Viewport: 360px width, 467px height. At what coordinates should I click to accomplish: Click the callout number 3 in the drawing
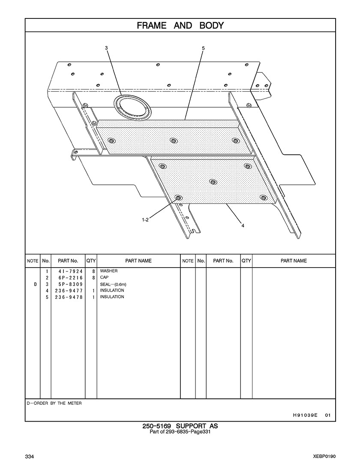(106, 48)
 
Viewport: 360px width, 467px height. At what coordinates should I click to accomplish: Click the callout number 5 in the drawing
(203, 48)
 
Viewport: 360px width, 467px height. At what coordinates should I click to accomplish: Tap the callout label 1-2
(145, 220)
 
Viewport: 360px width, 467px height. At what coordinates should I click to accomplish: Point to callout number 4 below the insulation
(243, 226)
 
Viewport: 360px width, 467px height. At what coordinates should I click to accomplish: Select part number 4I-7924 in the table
(69, 271)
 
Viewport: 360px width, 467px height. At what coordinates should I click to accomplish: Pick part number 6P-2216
(69, 278)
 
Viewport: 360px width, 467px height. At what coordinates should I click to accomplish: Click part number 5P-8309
(69, 284)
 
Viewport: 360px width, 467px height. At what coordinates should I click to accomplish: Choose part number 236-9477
(69, 291)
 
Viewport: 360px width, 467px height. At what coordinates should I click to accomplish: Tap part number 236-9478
(69, 297)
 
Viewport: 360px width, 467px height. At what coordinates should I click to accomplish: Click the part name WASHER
(109, 271)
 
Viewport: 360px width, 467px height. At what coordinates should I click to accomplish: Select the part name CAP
(104, 277)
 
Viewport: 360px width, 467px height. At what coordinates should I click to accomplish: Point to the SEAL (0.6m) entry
(113, 284)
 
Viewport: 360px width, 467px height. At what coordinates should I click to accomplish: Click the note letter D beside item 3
(36, 284)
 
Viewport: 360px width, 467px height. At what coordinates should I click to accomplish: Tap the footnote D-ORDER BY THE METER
(54, 403)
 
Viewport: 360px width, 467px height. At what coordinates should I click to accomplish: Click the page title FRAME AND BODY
(180, 26)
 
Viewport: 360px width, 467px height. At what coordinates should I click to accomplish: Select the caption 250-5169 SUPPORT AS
(180, 426)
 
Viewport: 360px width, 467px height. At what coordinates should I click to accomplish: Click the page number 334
(30, 457)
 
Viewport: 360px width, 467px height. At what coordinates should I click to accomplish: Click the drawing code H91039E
(305, 415)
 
